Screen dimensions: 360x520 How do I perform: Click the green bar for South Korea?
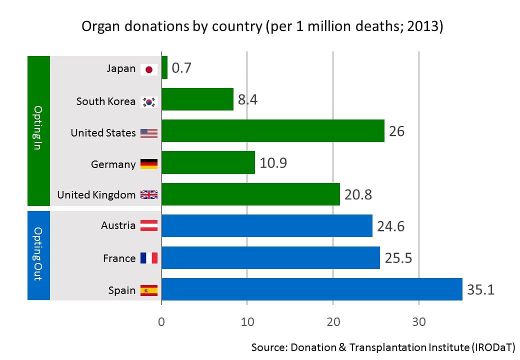(197, 99)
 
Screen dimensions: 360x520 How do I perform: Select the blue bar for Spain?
(311, 289)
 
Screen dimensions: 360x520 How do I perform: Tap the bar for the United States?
(273, 131)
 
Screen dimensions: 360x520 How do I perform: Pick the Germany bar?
(208, 162)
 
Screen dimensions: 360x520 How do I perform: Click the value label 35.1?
(480, 289)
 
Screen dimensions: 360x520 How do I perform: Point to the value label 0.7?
(181, 68)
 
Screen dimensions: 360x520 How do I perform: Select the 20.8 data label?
(358, 194)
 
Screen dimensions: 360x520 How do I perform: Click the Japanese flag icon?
(149, 69)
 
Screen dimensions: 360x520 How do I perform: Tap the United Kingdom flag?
(149, 195)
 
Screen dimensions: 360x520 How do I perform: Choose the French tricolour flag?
(149, 258)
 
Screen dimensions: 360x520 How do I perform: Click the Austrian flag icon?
(149, 226)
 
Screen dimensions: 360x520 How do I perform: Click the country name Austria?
(118, 225)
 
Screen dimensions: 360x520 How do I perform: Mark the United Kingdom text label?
(96, 195)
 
